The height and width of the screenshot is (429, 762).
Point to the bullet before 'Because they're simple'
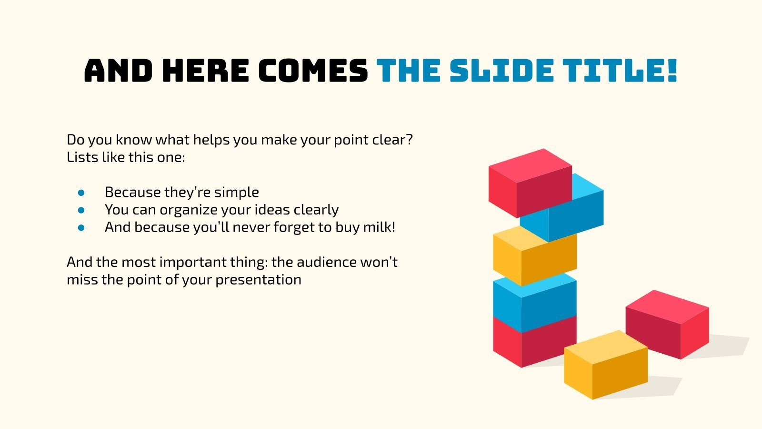tap(81, 193)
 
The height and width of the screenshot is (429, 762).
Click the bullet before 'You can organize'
tap(81, 210)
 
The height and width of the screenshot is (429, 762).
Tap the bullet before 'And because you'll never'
tap(81, 227)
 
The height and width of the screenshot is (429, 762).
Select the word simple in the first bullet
tap(236, 192)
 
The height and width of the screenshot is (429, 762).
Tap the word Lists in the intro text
tap(82, 157)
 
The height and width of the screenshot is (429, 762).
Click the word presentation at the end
tap(258, 280)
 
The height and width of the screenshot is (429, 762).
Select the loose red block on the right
tap(667, 324)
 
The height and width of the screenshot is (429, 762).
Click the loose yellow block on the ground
tap(605, 365)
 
